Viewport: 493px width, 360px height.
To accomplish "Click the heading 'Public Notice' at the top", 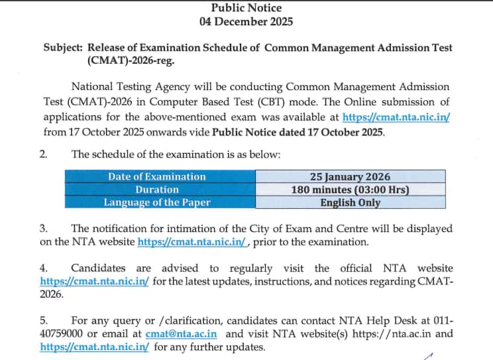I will coord(246,8).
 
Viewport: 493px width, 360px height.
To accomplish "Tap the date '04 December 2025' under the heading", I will coord(246,21).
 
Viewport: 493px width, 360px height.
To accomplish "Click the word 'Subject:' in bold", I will coord(64,48).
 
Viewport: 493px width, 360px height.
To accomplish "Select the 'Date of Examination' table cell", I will coord(157,176).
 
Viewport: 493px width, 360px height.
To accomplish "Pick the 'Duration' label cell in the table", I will coord(157,190).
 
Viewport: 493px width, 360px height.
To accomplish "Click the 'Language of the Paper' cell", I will coord(157,203).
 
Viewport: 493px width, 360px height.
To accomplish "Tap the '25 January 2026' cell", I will coord(350,176).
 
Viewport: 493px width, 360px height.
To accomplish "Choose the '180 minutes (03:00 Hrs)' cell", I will coord(350,190).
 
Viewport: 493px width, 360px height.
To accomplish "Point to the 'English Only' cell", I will coord(350,203).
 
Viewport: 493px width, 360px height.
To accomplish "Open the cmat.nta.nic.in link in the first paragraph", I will coord(396,117).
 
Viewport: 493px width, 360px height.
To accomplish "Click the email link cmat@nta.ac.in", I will coord(195,334).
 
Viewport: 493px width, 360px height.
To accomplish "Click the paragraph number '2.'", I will coord(44,154).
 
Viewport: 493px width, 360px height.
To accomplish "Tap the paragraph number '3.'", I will coord(44,228).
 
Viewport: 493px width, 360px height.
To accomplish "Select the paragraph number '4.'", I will coord(44,268).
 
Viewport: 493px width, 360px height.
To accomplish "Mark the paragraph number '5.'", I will coord(44,321).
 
